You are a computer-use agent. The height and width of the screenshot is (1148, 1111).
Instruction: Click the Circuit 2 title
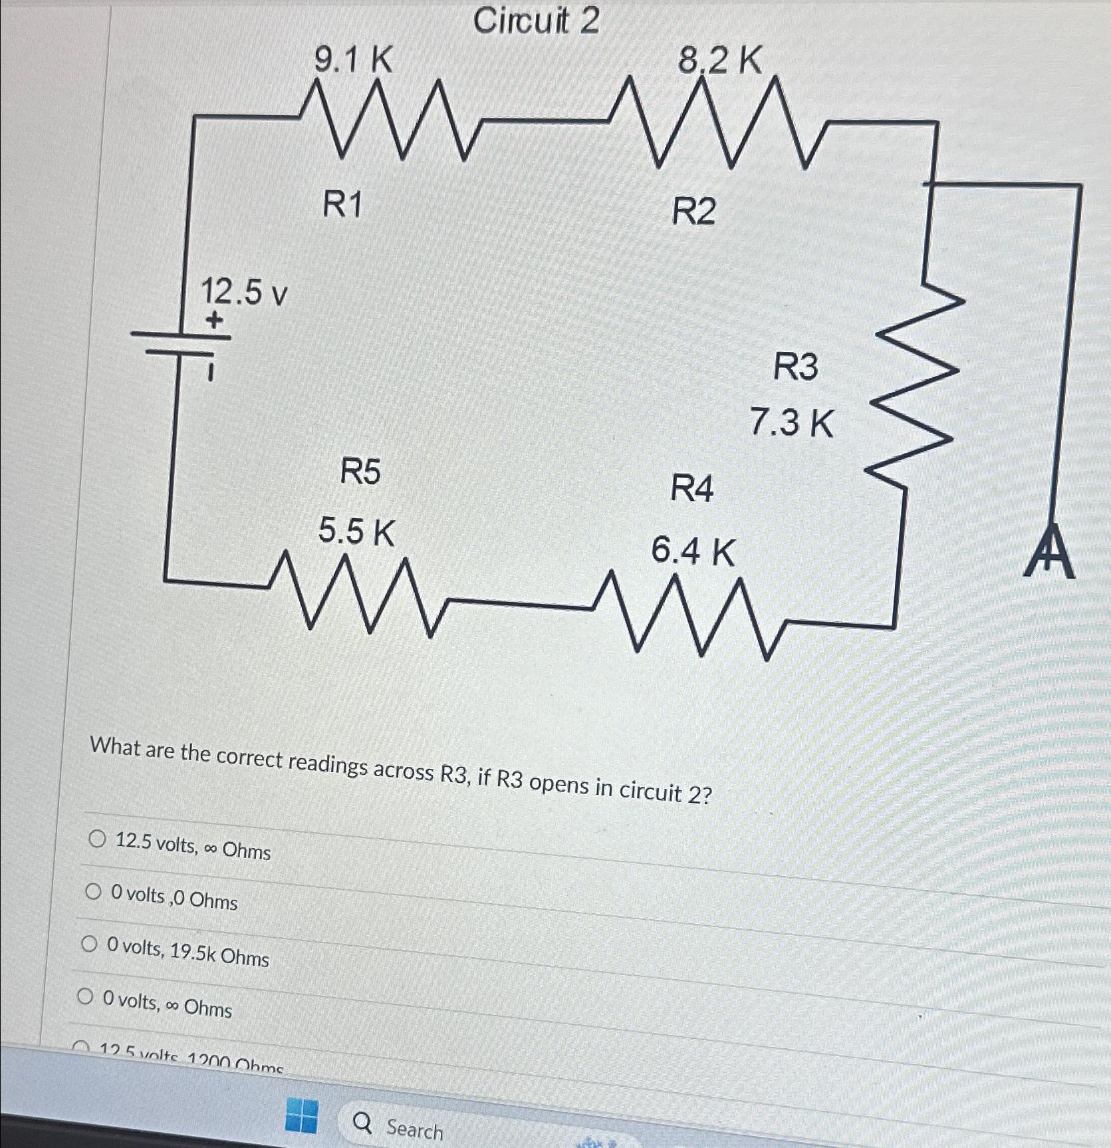536,21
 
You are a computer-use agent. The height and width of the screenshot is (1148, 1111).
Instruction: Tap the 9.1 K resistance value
353,61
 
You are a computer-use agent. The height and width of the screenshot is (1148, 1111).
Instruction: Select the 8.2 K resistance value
719,61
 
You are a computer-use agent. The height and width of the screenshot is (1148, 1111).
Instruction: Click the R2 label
694,212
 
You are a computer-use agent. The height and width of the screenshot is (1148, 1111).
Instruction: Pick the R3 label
795,366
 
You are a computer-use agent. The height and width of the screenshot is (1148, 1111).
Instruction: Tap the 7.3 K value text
791,422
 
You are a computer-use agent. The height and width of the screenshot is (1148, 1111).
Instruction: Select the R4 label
691,489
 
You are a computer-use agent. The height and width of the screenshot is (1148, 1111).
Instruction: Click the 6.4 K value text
693,551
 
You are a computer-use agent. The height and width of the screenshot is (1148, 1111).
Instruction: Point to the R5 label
360,472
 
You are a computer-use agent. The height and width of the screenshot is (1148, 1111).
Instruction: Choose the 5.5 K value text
356,531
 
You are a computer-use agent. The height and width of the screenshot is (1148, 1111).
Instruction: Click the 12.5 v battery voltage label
244,292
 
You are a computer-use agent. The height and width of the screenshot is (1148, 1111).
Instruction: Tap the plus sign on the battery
213,321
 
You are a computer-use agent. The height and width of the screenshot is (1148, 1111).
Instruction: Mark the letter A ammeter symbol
1049,552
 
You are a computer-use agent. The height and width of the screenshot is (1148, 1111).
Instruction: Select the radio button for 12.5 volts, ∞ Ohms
97,839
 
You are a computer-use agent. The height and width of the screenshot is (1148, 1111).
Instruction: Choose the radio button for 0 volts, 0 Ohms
93,892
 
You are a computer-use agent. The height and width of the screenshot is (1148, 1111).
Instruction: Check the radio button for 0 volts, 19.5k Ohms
89,944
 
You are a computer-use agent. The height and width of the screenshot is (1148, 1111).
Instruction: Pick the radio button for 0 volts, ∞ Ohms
85,996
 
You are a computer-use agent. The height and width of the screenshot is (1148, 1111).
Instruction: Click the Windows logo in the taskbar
301,1115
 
